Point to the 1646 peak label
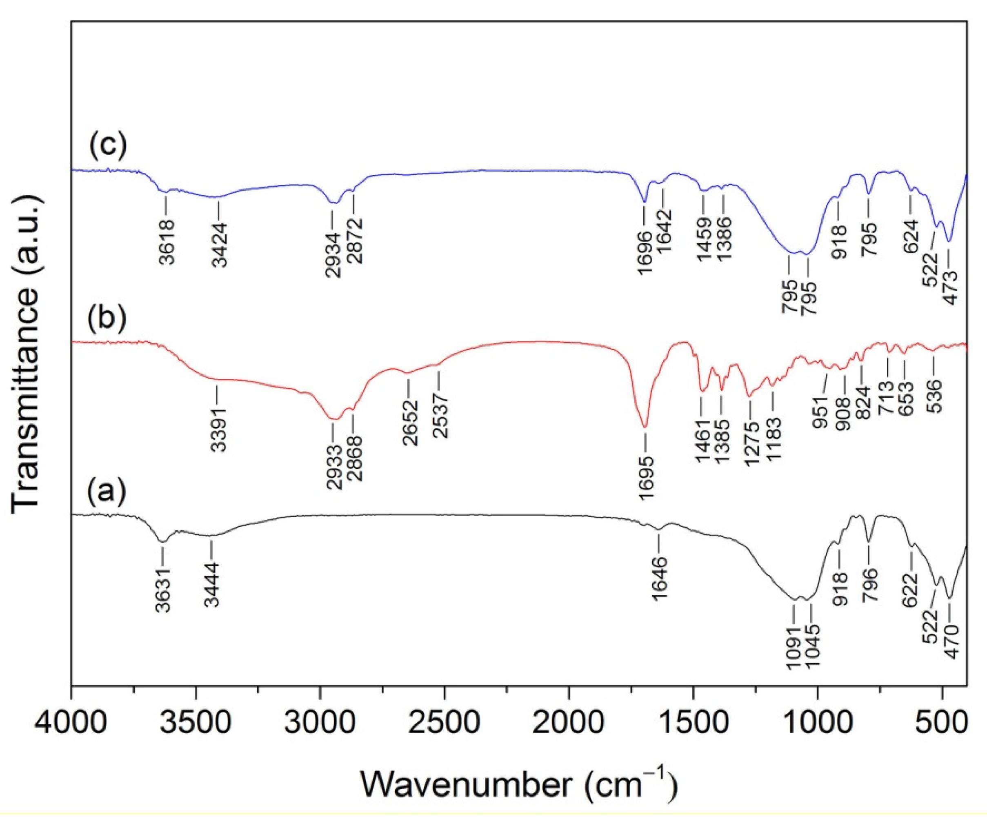click(659, 578)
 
